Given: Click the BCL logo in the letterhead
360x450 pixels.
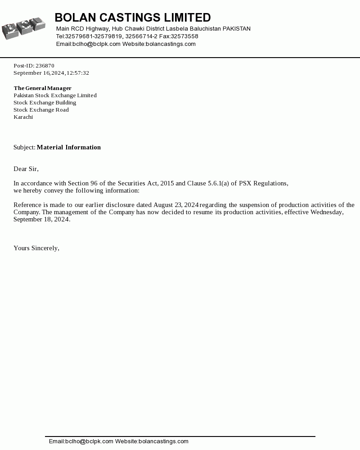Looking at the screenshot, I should (23, 28).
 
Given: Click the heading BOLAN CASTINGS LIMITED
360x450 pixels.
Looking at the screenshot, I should (133, 18).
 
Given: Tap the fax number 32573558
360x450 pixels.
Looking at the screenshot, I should (184, 36).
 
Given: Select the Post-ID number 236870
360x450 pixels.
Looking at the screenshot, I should (45, 66).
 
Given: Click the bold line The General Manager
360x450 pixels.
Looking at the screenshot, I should (43, 88).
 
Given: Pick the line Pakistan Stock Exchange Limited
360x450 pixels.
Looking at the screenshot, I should (55, 95).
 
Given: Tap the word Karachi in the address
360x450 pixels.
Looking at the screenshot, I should (23, 117).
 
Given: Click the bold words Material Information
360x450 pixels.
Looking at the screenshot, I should (69, 147).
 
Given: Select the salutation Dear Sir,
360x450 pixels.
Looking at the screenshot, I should (26, 169).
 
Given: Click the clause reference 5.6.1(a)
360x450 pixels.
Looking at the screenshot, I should (218, 183).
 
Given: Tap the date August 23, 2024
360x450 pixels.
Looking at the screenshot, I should (176, 205).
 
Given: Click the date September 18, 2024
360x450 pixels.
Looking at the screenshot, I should (42, 219).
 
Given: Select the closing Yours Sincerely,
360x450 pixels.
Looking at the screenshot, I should (36, 248).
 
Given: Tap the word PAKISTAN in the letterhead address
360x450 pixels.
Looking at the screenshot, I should (237, 29).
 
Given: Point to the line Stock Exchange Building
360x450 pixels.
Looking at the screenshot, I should (45, 103).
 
